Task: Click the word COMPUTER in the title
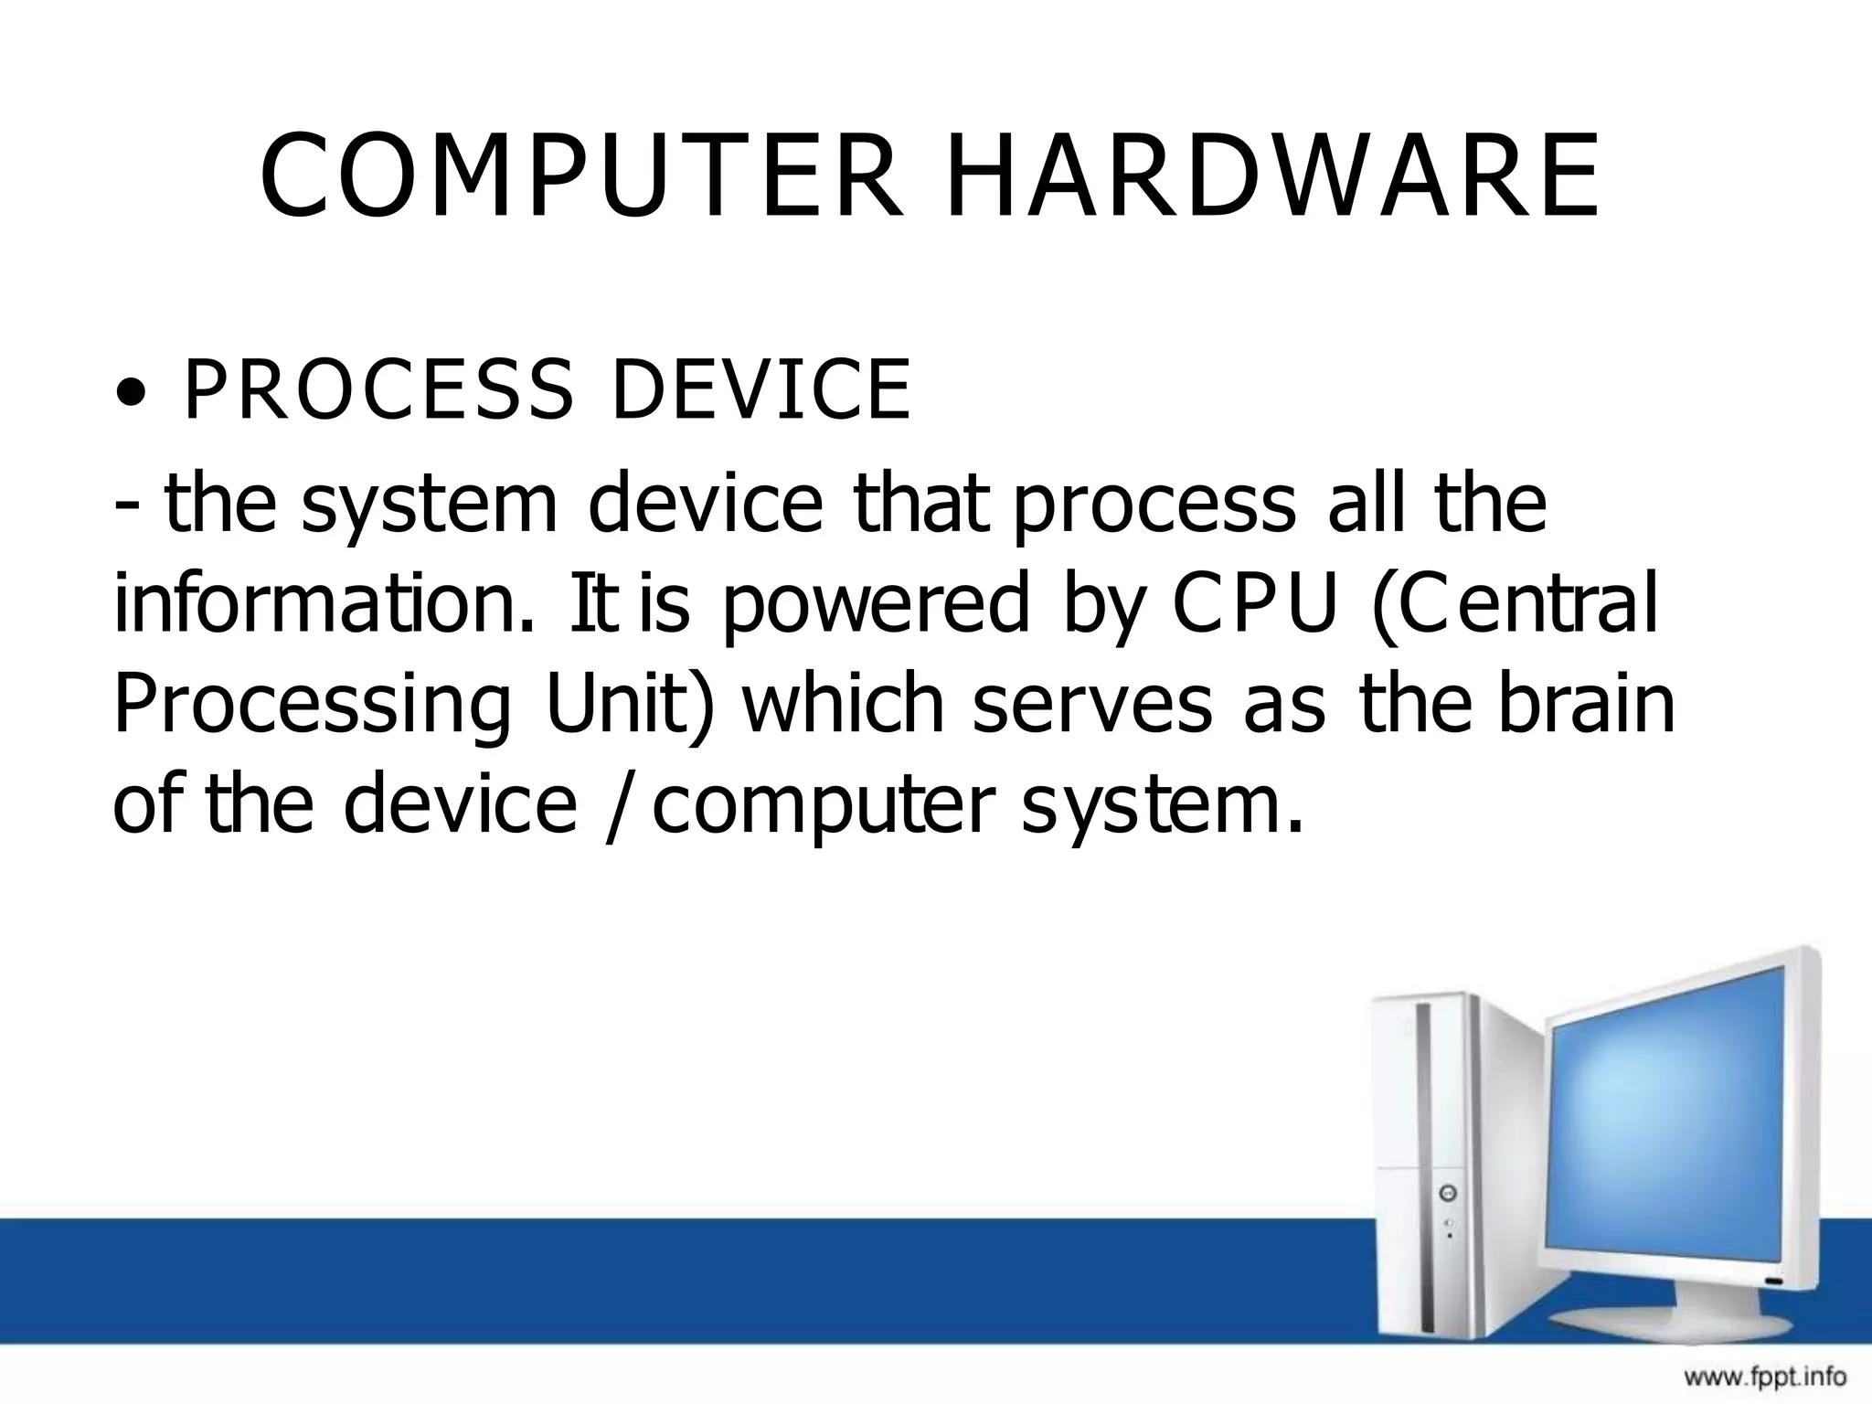tap(581, 176)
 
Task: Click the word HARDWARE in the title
tap(1271, 176)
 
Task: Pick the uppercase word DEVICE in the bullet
tap(760, 390)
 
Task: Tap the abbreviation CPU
tap(1254, 602)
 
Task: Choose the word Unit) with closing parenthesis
tap(627, 703)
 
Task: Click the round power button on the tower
tap(1448, 1193)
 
